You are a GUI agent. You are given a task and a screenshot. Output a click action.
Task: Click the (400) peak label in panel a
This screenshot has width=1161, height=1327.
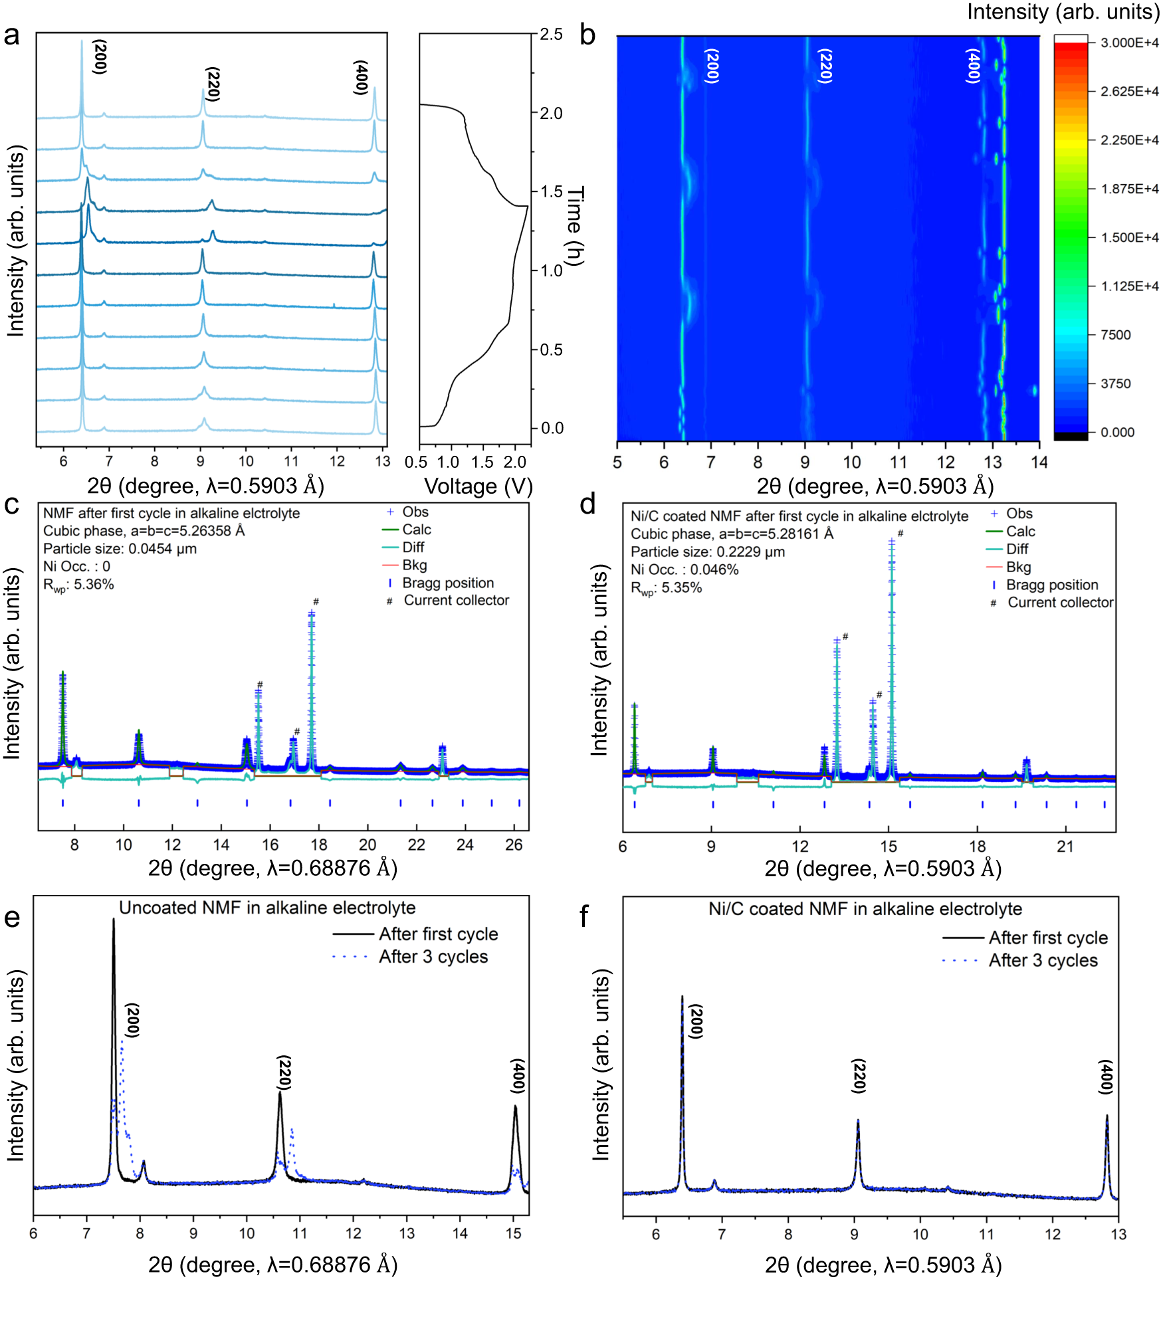[361, 77]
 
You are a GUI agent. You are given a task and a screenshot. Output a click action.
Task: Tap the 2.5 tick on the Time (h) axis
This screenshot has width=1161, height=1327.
[551, 34]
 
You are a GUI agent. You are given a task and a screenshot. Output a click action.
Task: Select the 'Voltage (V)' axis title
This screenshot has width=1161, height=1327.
[478, 486]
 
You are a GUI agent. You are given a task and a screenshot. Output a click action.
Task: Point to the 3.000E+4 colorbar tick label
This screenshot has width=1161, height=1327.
[1129, 43]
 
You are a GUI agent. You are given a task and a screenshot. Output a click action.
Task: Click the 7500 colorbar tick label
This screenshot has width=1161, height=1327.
[1115, 335]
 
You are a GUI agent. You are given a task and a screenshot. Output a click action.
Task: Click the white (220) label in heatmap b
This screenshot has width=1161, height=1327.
[825, 66]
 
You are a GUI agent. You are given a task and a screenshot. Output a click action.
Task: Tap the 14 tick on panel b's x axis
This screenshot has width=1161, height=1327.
[1039, 462]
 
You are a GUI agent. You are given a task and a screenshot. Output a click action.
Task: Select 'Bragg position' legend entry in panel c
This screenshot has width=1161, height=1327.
[447, 583]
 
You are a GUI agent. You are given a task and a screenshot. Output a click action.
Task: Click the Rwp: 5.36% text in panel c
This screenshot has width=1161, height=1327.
[78, 585]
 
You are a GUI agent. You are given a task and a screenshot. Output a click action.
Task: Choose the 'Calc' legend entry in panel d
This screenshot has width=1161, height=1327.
[1019, 532]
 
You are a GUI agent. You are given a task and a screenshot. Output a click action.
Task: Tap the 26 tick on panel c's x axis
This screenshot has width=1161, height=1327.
[514, 845]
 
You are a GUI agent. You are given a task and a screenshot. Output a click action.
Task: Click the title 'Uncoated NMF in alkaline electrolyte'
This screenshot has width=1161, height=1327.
[267, 908]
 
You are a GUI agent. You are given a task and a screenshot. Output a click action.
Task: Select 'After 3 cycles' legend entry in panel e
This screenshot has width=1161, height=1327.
[433, 956]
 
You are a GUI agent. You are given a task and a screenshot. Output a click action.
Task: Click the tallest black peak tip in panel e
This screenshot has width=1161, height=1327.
[114, 920]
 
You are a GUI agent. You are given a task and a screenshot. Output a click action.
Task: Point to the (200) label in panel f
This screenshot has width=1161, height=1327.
[695, 1021]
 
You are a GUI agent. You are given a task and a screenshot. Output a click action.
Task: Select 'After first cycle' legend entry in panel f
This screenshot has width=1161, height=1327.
[1047, 938]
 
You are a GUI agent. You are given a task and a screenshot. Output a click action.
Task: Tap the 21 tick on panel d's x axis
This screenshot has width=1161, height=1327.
[1065, 847]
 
